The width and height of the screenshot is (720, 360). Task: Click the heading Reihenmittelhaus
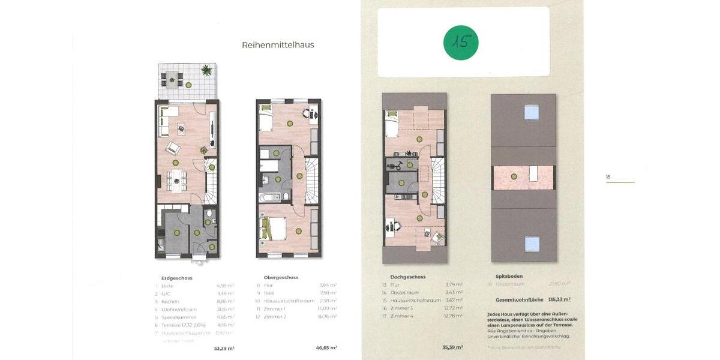tap(278, 45)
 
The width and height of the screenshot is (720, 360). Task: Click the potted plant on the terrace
tap(207, 71)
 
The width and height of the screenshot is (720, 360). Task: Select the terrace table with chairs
tap(172, 78)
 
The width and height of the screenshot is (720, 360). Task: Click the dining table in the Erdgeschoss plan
tap(176, 178)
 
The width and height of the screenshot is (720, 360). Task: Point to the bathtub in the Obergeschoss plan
tap(268, 197)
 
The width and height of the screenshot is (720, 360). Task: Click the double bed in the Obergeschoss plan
tap(271, 229)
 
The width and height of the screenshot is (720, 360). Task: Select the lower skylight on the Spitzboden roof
tap(532, 244)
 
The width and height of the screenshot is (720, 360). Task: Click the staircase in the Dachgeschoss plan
tap(439, 180)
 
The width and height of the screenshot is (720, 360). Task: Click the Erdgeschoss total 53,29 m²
tap(224, 348)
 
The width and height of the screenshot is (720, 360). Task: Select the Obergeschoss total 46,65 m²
tap(326, 348)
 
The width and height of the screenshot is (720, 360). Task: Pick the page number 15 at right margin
tap(608, 177)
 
